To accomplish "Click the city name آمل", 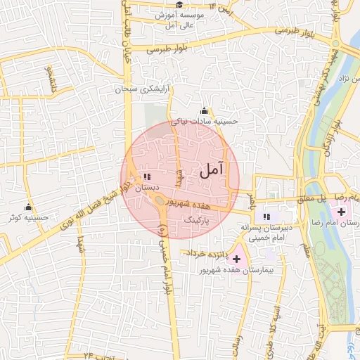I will (x=212, y=169).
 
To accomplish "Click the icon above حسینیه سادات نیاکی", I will (x=205, y=110).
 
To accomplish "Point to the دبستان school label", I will (x=147, y=188).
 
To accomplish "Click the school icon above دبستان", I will (x=146, y=177).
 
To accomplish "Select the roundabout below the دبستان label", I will (x=160, y=202).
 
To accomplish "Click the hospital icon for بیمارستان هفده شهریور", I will (x=236, y=259).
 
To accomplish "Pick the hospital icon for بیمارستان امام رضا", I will (x=341, y=212).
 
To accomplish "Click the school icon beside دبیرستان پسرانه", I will (x=266, y=217).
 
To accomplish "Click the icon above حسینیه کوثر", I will (x=28, y=207).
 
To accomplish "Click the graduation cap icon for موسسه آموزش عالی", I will (x=179, y=5).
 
